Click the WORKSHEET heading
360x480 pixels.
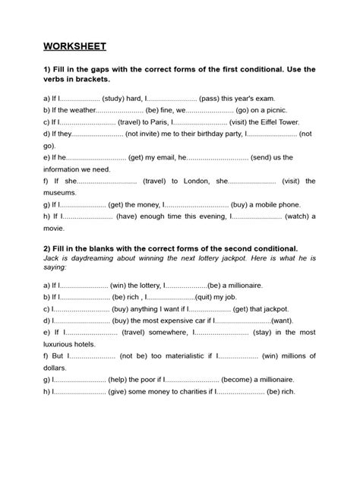(75, 46)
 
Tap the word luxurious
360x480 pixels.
(63, 344)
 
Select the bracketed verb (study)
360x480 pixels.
(117, 98)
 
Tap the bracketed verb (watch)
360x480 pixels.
(301, 216)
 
